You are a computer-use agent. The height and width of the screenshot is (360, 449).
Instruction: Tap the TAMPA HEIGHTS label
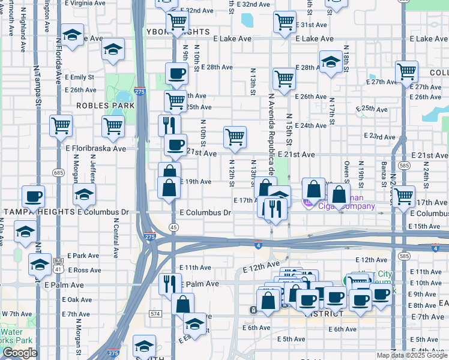click(38, 212)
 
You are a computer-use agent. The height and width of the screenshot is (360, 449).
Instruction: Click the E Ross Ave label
click(85, 271)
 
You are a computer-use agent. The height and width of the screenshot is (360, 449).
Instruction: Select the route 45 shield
click(173, 227)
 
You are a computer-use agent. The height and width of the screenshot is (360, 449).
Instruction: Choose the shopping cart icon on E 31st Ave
click(285, 22)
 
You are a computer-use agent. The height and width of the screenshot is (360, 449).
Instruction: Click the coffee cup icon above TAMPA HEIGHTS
click(33, 196)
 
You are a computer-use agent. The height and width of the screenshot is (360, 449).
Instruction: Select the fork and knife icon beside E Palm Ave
click(170, 283)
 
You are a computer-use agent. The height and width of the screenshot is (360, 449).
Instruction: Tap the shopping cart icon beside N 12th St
click(235, 137)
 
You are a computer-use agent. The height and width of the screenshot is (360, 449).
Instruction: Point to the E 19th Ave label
click(196, 182)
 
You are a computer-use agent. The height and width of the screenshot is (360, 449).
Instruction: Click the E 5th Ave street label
click(292, 340)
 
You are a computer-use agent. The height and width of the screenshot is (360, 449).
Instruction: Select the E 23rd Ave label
click(379, 137)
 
